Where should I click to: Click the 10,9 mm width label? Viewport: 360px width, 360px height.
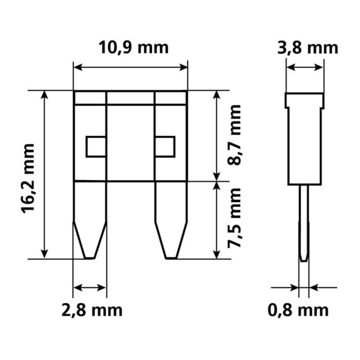click(x=133, y=48)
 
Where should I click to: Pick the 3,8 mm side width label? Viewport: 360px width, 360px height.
click(x=308, y=48)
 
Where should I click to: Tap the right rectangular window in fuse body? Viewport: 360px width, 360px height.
click(x=165, y=147)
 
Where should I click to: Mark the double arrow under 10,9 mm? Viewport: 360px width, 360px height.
click(x=131, y=67)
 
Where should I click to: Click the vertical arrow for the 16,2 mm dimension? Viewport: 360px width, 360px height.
click(x=46, y=174)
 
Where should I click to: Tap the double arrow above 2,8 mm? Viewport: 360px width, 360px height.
click(x=91, y=287)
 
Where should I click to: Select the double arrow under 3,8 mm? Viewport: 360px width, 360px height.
click(x=305, y=67)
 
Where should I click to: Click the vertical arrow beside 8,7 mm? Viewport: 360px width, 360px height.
click(x=217, y=135)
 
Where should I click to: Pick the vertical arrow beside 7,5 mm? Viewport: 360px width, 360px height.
click(x=217, y=220)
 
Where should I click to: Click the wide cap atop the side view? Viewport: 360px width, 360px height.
click(x=304, y=100)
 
